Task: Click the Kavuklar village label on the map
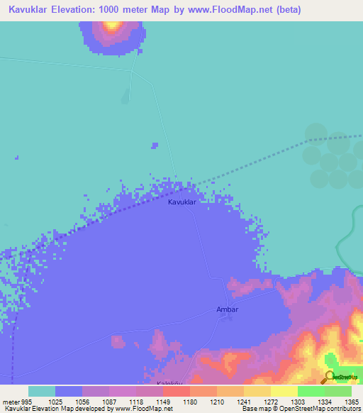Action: tap(181, 202)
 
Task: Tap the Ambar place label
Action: tap(227, 310)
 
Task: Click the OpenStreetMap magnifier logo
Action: tap(330, 377)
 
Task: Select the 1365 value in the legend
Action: tap(352, 402)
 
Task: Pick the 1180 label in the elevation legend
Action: tap(189, 402)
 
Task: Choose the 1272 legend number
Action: tap(270, 402)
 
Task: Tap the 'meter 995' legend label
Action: tap(14, 402)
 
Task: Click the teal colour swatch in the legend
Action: tap(41, 391)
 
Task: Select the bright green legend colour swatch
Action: tap(311, 391)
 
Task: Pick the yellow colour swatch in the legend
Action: tap(284, 391)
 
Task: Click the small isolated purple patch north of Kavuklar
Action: tap(155, 145)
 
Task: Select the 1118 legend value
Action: tap(135, 402)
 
